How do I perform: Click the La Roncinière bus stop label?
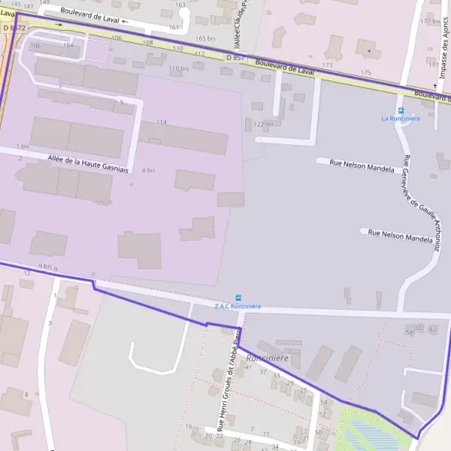coord(400,119)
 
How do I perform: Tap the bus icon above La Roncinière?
coord(401,110)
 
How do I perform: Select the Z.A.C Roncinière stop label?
coord(238,307)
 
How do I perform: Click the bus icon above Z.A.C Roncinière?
coord(238,298)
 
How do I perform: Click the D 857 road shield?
coord(235,58)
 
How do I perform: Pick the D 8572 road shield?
coord(14,28)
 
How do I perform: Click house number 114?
coord(161,122)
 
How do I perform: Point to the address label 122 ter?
coord(263,124)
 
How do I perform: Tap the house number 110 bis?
coord(179,68)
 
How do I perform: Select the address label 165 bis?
coord(205,38)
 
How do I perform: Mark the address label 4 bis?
coord(148,171)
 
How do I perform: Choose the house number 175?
coord(366,73)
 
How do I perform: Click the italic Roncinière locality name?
coord(267,359)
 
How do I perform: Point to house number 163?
coord(180,5)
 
